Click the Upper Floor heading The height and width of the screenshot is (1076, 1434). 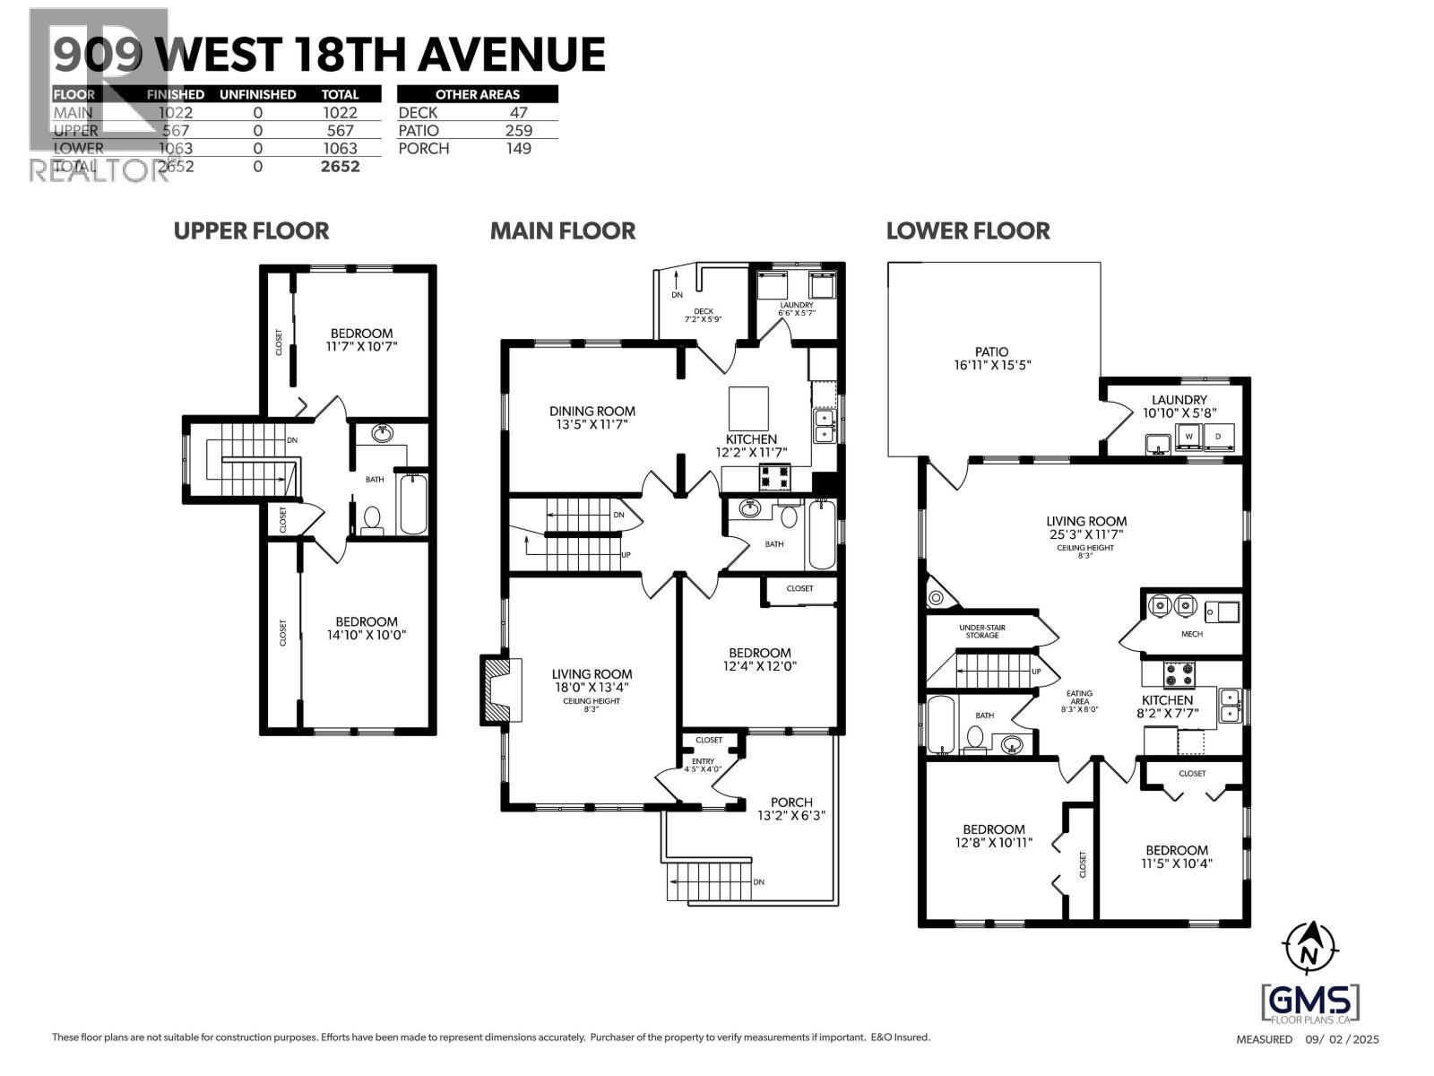pos(251,230)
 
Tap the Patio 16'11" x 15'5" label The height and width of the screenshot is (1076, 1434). pos(991,359)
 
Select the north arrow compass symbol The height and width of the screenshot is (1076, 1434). pos(1310,947)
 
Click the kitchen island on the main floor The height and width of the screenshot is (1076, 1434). pos(748,409)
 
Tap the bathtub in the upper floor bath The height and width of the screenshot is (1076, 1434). pos(413,503)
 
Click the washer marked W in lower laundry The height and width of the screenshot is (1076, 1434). pos(1188,437)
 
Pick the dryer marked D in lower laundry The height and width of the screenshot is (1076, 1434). pos(1217,437)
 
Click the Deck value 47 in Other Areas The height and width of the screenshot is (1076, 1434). pos(518,112)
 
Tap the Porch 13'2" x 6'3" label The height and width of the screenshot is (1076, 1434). pos(791,809)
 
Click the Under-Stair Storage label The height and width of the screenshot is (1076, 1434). pos(981,631)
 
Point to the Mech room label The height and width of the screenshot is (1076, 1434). pos(1191,634)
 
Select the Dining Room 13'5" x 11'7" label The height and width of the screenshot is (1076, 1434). pos(592,418)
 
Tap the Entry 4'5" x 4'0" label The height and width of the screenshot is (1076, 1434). pos(703,765)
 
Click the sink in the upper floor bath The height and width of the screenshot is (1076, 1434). pos(383,434)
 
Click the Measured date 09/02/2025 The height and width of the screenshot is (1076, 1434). pos(1308,1039)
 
